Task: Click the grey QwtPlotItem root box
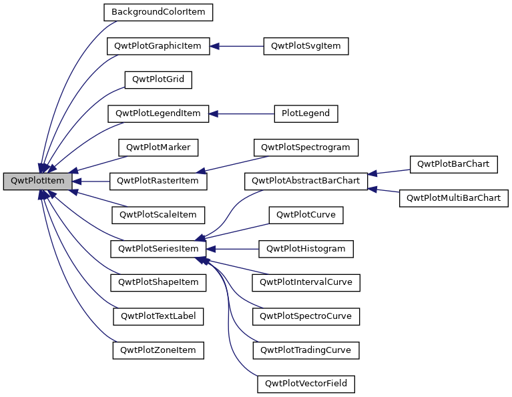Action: (x=37, y=181)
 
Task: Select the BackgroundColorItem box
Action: (x=158, y=12)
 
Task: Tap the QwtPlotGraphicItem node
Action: (x=159, y=46)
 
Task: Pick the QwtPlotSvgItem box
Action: (x=306, y=46)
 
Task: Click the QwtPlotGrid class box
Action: (x=159, y=79)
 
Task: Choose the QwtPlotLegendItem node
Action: (x=159, y=113)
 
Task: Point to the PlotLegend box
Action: (x=306, y=113)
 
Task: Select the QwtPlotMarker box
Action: (x=159, y=147)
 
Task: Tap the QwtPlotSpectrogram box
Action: (x=306, y=147)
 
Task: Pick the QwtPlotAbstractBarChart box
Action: (x=306, y=181)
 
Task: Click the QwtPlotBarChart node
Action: (x=453, y=164)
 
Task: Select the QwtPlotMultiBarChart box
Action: (x=454, y=198)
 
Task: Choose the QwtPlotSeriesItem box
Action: (x=159, y=249)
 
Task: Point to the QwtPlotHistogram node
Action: (x=306, y=249)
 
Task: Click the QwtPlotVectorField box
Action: (x=306, y=384)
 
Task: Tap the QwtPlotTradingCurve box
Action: (x=306, y=350)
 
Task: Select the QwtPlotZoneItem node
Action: (x=159, y=350)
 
